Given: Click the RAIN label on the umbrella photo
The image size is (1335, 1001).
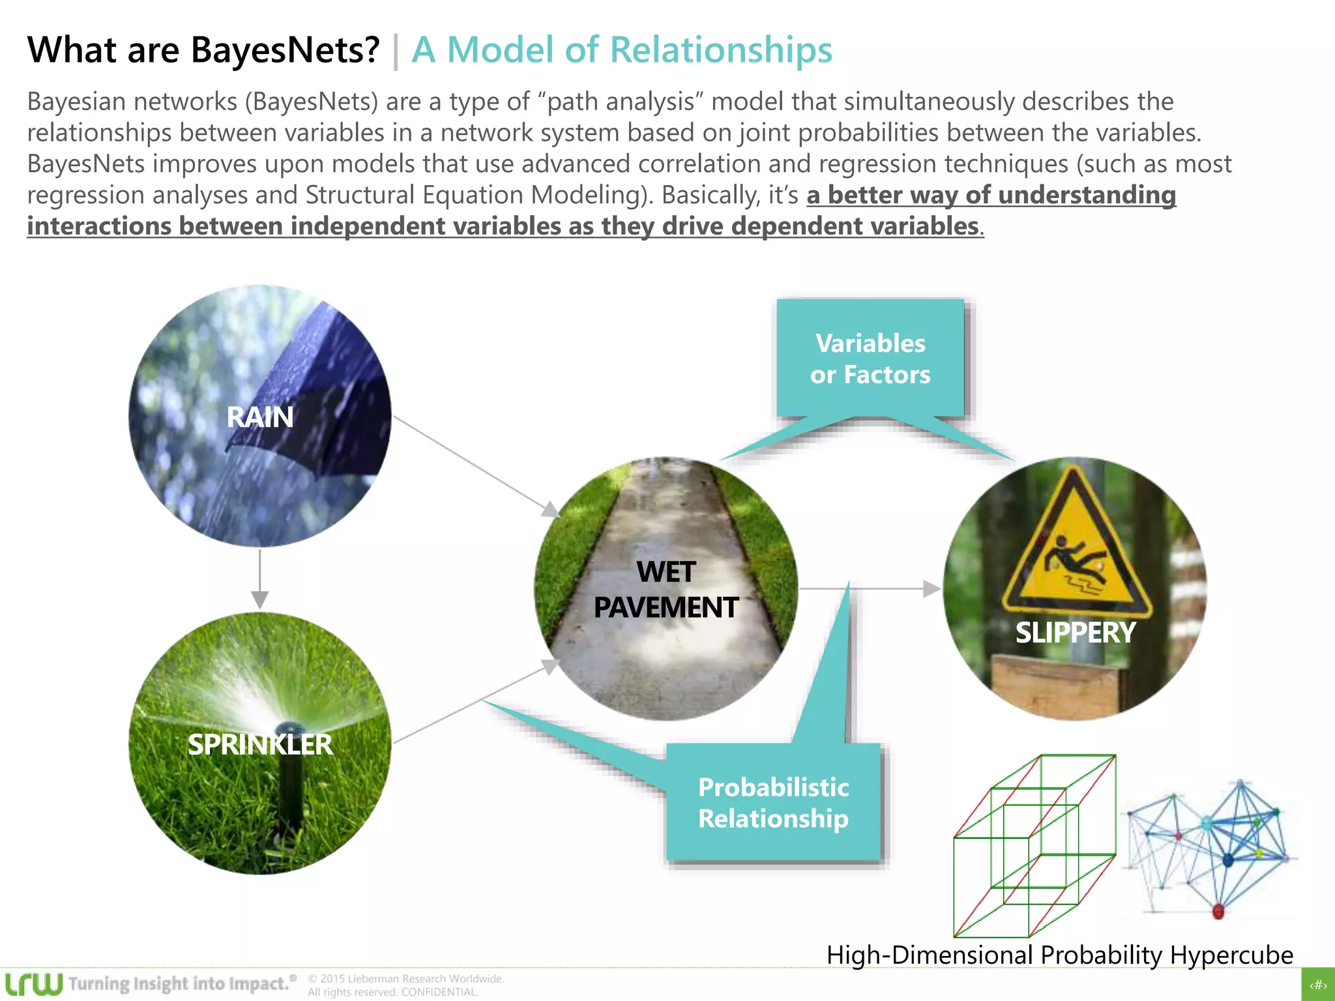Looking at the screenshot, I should (x=259, y=417).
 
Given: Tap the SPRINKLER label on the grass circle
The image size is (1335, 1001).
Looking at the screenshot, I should (x=259, y=744).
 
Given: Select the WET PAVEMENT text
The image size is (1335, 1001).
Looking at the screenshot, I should (x=666, y=590).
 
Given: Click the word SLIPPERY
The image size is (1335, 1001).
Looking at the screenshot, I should (x=1075, y=633).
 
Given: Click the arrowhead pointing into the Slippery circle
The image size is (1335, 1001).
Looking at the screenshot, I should (x=932, y=589).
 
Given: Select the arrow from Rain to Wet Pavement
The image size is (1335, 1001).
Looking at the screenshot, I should (x=476, y=467).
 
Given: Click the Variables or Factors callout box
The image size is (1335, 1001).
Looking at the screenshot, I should (x=870, y=358).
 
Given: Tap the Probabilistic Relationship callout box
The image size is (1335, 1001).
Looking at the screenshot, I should (x=773, y=802).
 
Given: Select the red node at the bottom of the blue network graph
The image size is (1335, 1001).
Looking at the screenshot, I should (x=1218, y=910).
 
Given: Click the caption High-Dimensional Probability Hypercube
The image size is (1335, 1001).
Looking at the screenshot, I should (x=1059, y=955).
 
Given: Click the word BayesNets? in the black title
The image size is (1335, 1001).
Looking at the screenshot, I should (x=285, y=50).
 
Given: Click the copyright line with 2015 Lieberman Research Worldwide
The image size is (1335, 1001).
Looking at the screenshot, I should (x=405, y=979).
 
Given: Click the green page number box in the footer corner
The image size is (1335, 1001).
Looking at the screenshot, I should (x=1318, y=985).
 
